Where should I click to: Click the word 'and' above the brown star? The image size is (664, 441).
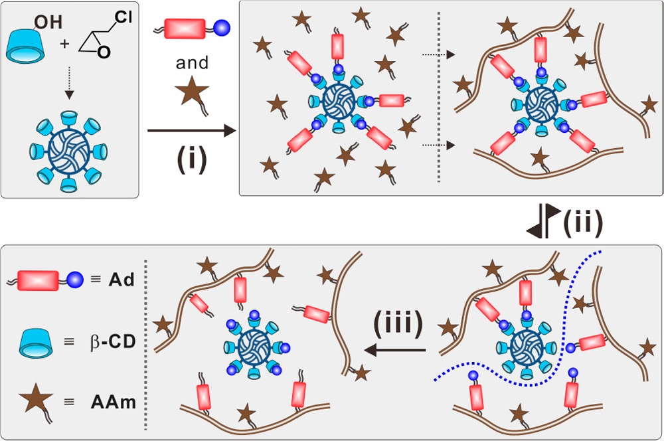click(193, 63)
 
